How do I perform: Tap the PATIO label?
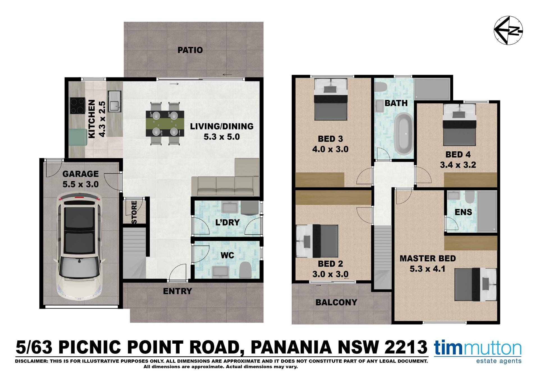[x=190, y=50]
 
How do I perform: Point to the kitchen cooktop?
[x=77, y=106]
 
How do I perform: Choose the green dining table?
[x=165, y=124]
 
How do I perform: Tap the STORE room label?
[x=134, y=212]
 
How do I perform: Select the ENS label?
[x=463, y=212]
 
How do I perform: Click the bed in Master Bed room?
[x=476, y=284]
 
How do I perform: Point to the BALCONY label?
[x=336, y=302]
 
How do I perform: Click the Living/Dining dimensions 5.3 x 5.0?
[x=222, y=137]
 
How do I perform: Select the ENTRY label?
[x=177, y=291]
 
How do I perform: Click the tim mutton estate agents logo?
[x=478, y=352]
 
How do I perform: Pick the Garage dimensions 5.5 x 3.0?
[x=81, y=184]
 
